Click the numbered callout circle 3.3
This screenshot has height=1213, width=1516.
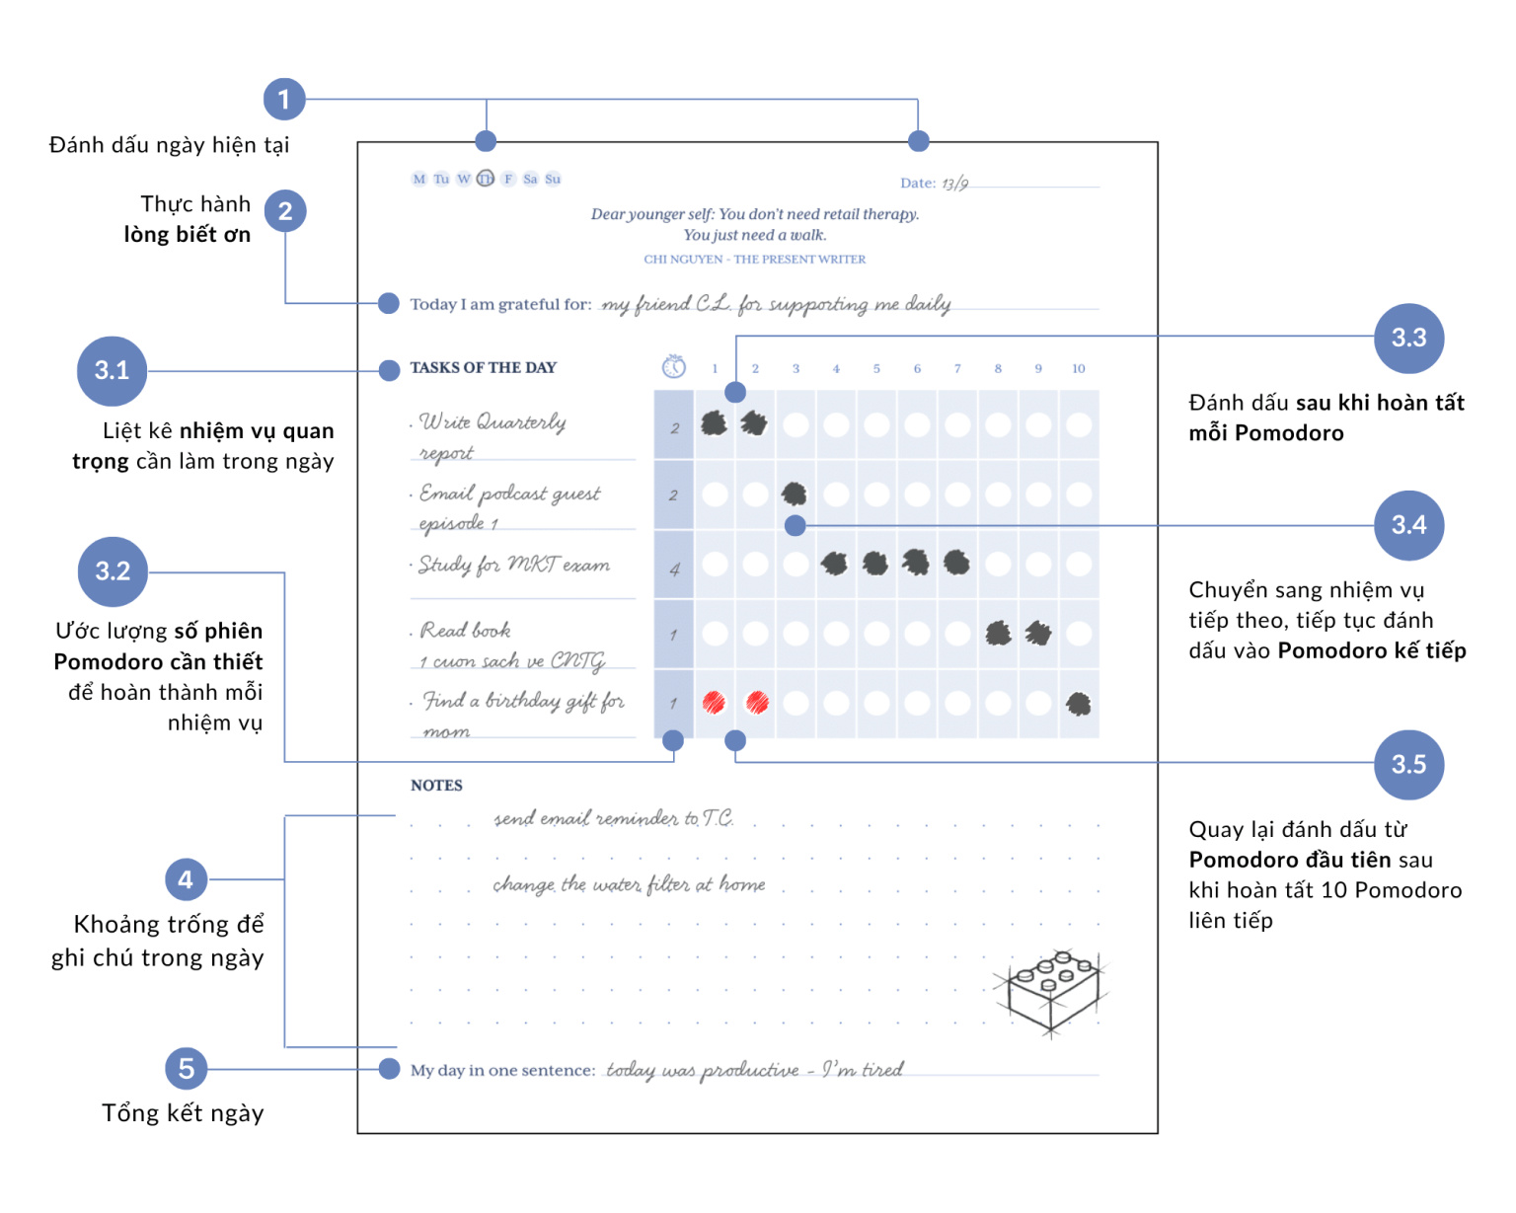(1408, 339)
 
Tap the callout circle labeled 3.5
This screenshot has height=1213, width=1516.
(1408, 764)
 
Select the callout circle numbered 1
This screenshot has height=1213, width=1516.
(284, 100)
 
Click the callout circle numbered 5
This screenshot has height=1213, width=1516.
(186, 1068)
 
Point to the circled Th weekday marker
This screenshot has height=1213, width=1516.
(486, 179)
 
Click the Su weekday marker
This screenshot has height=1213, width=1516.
(553, 179)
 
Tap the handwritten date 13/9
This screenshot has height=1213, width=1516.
(954, 184)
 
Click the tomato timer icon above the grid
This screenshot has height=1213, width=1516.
(673, 366)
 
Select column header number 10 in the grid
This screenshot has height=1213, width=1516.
(1078, 368)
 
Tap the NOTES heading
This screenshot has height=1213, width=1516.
(437, 786)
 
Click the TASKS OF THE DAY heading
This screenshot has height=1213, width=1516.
(484, 368)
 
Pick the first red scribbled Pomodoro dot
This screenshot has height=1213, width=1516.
(714, 703)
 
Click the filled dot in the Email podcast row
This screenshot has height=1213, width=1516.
(795, 493)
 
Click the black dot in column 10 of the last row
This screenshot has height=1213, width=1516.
(1078, 704)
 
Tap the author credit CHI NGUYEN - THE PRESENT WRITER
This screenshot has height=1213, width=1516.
(754, 260)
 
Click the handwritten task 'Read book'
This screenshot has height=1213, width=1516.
(465, 630)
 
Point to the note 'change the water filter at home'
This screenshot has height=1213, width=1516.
(629, 884)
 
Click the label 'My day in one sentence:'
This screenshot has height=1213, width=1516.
(503, 1070)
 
